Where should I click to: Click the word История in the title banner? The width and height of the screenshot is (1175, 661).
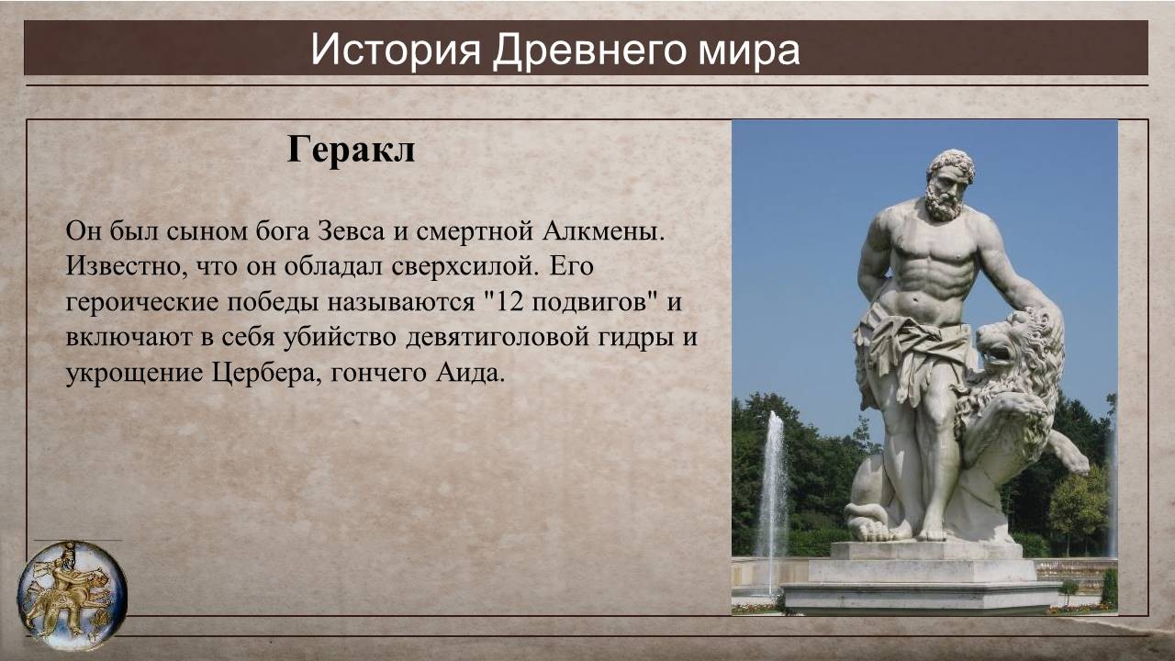pos(395,50)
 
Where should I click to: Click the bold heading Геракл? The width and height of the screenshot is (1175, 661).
pos(351,150)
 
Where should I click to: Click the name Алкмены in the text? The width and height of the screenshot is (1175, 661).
pos(603,230)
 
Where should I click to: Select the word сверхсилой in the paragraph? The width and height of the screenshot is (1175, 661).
pos(464,266)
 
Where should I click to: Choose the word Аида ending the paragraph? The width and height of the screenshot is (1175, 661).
pos(469,373)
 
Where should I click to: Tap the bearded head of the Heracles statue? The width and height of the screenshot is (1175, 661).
pos(948,185)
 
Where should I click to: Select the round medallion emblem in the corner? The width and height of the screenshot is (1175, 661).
pos(72,596)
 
